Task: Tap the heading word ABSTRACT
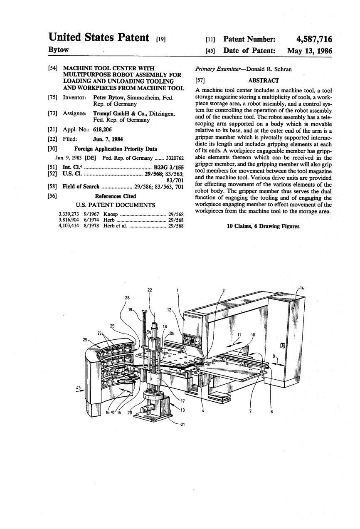tap(264, 80)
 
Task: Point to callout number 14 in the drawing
tap(302, 288)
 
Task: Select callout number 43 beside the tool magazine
tap(78, 388)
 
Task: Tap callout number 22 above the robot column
tap(150, 289)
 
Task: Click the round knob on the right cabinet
tap(283, 345)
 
